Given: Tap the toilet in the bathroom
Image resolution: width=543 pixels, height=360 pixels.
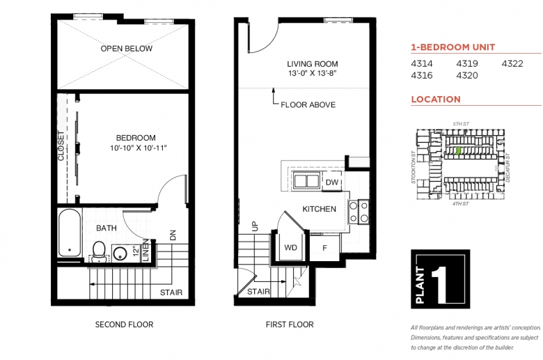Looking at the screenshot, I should (99, 250).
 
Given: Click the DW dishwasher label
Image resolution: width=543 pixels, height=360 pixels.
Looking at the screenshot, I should (332, 182).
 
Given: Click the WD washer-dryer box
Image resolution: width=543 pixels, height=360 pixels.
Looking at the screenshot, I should (290, 246).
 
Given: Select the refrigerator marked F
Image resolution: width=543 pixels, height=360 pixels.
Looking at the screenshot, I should (324, 246).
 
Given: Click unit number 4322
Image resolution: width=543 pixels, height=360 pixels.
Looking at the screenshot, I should (512, 64).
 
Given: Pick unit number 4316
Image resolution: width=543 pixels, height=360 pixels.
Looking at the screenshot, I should (422, 75).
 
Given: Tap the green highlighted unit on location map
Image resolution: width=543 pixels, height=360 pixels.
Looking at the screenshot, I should (458, 149).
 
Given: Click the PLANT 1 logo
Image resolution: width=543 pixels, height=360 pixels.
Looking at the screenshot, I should (440, 279).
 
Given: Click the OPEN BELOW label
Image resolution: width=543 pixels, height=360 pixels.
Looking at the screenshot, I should (126, 49).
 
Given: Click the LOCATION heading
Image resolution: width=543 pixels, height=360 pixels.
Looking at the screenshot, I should (436, 99).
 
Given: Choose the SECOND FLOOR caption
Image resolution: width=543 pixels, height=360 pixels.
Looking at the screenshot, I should (124, 324).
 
